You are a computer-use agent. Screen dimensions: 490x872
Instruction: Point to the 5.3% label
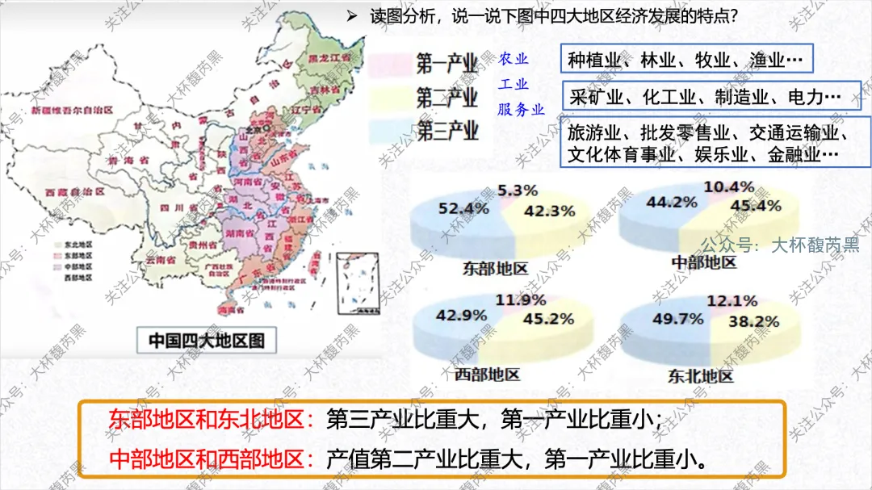click(516, 191)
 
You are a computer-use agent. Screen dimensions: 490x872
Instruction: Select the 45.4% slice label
click(756, 206)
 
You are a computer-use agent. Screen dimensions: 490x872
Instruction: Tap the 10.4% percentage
click(728, 187)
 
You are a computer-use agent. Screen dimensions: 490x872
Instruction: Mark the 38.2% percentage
click(756, 321)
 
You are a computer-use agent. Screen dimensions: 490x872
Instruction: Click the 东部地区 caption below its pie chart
click(495, 268)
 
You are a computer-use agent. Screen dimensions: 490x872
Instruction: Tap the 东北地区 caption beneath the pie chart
click(701, 376)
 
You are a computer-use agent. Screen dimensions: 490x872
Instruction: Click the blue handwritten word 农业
click(513, 59)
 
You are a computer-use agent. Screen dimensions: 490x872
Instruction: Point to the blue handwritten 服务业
click(521, 110)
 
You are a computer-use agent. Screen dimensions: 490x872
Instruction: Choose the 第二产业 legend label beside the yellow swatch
click(446, 98)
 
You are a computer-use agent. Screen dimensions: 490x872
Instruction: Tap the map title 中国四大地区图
click(206, 340)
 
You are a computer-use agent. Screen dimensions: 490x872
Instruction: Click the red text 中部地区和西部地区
click(211, 459)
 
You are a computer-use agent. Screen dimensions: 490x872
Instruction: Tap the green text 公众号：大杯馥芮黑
click(780, 245)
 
